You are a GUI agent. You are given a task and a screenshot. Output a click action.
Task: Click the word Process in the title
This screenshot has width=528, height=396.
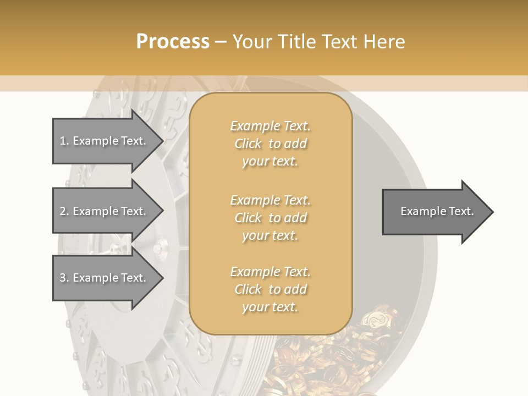coord(173,42)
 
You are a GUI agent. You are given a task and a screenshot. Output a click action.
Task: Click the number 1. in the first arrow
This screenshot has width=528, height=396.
coord(64,141)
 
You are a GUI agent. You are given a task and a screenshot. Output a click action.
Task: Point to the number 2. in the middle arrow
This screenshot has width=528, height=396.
coord(64,211)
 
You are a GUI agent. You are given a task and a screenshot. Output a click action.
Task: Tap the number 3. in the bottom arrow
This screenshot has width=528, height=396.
coord(64,278)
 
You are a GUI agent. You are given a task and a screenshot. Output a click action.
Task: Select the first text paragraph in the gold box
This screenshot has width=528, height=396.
coord(270,144)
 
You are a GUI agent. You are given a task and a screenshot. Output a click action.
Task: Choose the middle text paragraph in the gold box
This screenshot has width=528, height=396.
coord(270,218)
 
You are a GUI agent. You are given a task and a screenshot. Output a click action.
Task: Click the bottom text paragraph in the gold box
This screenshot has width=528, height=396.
coord(270,289)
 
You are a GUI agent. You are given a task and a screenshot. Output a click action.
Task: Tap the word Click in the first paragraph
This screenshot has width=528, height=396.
coord(248,144)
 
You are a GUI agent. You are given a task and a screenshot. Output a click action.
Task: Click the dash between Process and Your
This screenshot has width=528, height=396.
coord(221,42)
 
